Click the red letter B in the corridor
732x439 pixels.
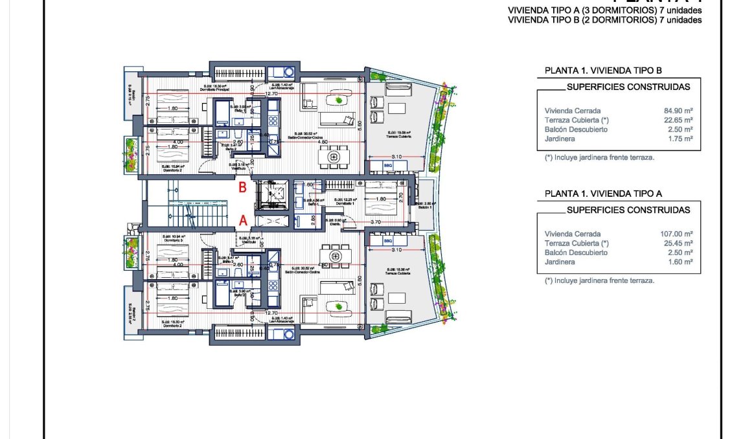pos(242,188)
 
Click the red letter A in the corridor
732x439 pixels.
pos(243,220)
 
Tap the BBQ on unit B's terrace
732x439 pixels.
pos(388,166)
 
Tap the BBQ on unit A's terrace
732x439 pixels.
pos(388,240)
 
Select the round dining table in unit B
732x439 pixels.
pos(334,157)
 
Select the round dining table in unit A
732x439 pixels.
pos(335,257)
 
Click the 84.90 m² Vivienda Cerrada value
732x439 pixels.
pos(680,111)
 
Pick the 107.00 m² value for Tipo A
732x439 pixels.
pos(678,234)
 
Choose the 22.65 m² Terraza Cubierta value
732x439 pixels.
pos(680,120)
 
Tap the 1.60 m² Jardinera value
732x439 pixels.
pos(681,262)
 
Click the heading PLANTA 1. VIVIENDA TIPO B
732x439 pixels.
pos(602,71)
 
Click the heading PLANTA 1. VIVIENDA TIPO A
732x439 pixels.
pos(602,194)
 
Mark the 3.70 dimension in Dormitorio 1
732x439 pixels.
pos(376,221)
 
